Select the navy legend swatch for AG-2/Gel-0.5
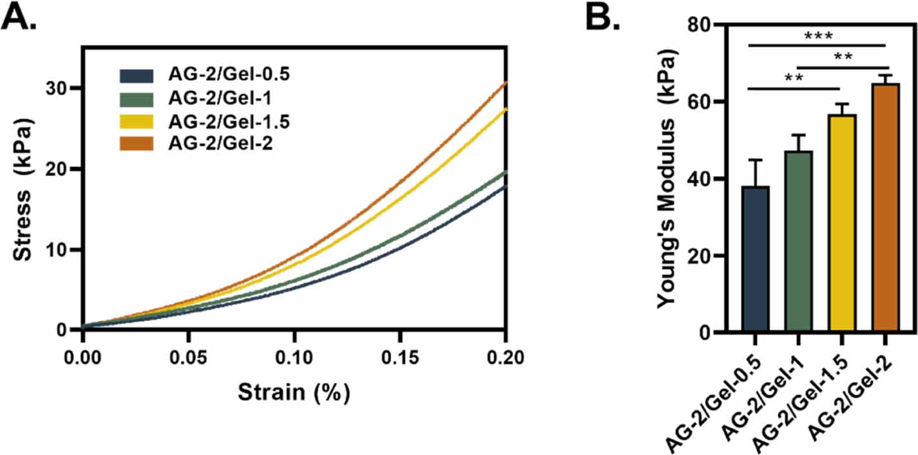tap(136, 75)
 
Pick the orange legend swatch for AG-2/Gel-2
tap(136, 144)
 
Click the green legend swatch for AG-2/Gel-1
tap(136, 99)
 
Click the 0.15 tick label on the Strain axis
tap(400, 356)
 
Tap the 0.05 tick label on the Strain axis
tap(188, 356)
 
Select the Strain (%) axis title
tap(294, 392)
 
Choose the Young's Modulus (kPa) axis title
tap(669, 180)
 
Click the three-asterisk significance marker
tap(819, 36)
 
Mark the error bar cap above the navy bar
tap(755, 160)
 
